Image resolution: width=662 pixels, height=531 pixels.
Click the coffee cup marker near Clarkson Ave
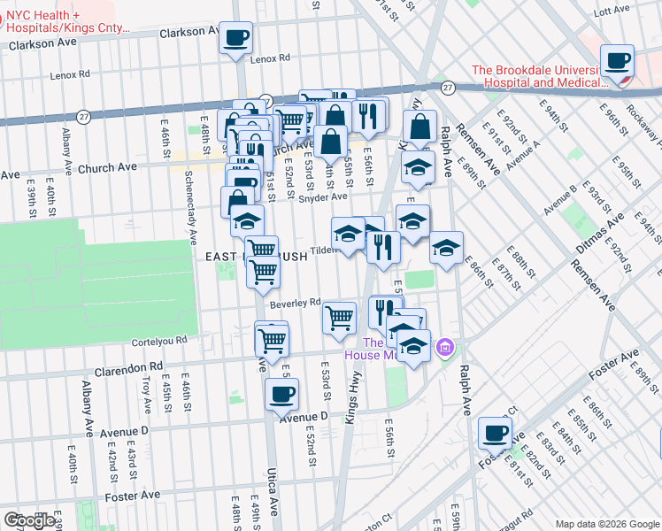235,39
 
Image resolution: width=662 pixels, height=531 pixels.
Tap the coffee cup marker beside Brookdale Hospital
617,62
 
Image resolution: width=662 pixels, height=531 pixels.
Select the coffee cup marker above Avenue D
282,396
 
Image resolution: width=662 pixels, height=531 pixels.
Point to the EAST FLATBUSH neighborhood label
256,257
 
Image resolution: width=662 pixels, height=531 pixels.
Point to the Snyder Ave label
322,198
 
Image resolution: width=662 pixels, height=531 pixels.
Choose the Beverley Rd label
294,303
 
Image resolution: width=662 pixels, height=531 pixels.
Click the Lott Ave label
610,12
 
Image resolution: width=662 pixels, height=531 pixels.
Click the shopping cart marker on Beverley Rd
340,318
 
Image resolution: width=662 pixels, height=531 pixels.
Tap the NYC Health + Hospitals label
66,22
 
